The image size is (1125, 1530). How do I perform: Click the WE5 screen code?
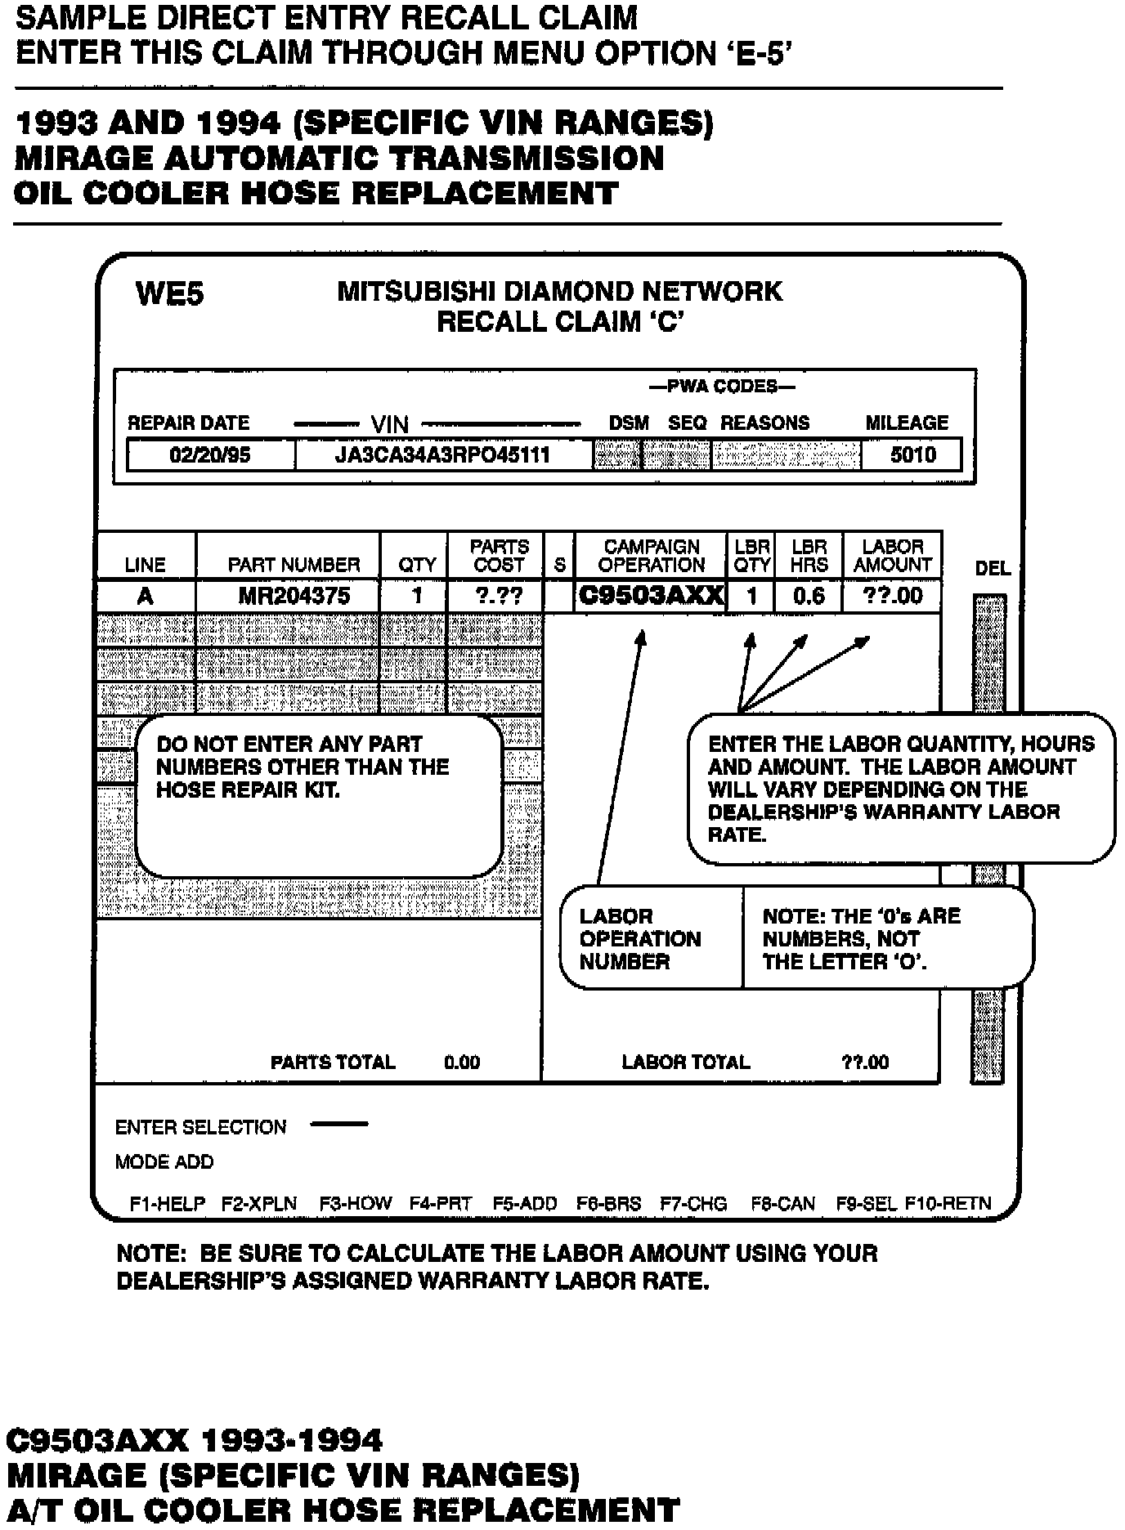(170, 293)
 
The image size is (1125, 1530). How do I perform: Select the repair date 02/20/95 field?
(210, 455)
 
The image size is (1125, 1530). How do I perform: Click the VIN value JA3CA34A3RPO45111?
(442, 455)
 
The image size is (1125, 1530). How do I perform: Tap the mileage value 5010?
(912, 455)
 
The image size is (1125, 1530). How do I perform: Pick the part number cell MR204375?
(294, 596)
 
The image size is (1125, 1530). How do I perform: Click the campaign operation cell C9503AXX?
(651, 596)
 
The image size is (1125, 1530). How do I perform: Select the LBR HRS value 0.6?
(809, 596)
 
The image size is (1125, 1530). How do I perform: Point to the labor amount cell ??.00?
(893, 596)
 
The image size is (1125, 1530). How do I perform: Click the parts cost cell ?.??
(499, 596)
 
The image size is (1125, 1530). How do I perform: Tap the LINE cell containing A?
(146, 596)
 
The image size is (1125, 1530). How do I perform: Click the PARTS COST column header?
(499, 556)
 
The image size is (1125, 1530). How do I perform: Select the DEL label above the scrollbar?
(993, 568)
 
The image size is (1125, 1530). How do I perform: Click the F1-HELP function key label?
(168, 1204)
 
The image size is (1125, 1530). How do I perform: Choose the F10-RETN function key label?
(948, 1204)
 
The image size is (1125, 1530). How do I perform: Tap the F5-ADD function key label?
(525, 1204)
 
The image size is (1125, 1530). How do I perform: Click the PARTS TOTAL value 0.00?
(462, 1062)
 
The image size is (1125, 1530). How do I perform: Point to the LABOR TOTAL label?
(685, 1062)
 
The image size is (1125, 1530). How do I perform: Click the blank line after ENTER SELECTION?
(339, 1125)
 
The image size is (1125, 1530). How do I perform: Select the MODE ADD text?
(164, 1162)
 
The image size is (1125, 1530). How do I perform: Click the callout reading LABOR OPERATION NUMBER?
(640, 938)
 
